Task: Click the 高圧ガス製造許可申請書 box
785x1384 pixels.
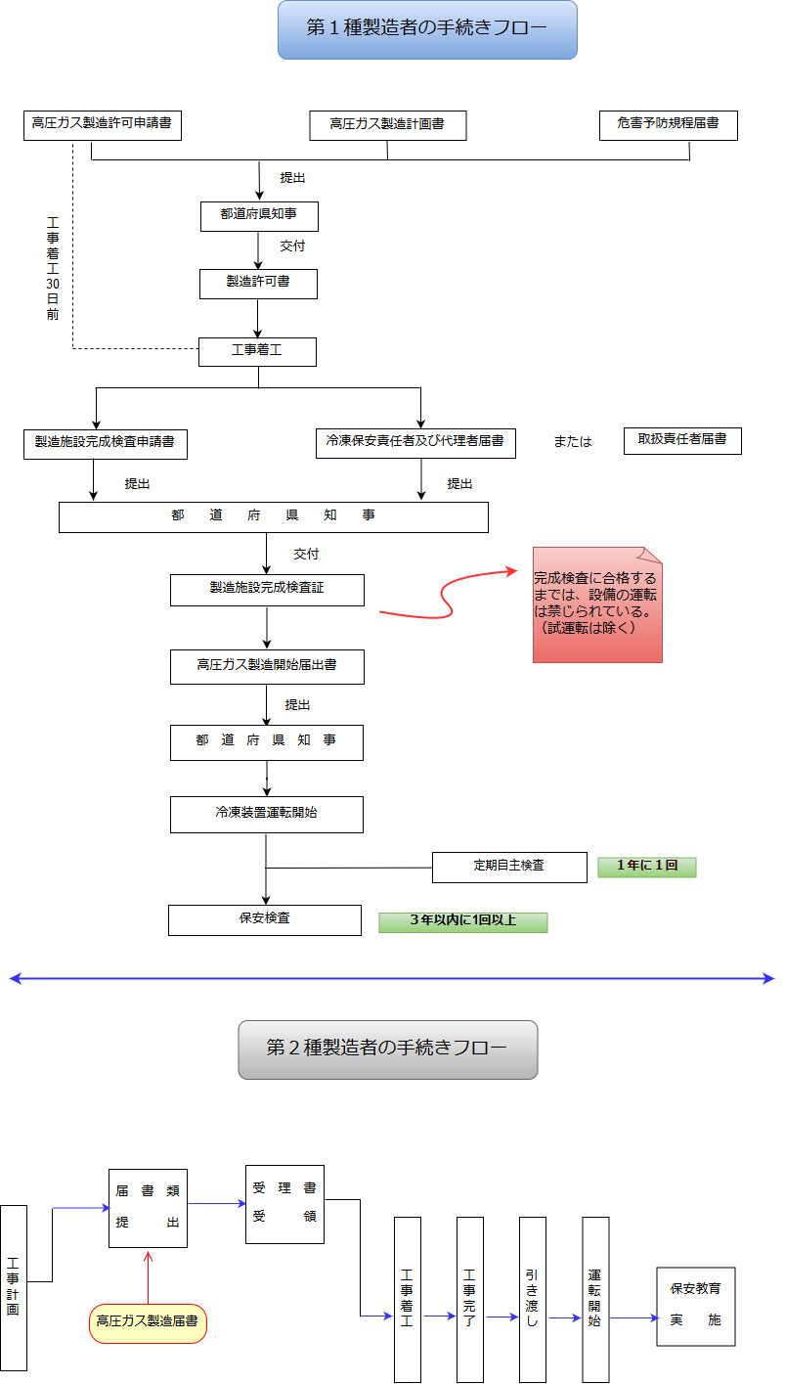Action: tap(103, 124)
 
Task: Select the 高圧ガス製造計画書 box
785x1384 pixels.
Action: tap(387, 125)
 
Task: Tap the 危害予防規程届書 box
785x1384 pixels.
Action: tap(668, 124)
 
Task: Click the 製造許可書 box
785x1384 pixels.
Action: tap(258, 284)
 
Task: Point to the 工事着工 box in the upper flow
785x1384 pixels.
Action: tap(257, 352)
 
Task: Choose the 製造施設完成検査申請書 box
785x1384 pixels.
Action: tap(105, 443)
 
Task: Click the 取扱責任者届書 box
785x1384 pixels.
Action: tap(682, 440)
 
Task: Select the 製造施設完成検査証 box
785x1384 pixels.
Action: tap(267, 590)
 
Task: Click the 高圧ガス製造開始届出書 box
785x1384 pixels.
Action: tap(267, 667)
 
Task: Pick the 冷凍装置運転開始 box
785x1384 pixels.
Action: tap(267, 814)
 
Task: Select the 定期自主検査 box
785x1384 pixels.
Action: tap(509, 867)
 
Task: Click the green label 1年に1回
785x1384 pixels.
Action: tap(646, 867)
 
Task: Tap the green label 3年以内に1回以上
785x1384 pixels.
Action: tap(462, 922)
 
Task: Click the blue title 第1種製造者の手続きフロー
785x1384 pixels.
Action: tap(427, 29)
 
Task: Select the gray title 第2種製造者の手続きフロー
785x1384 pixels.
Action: tap(387, 1049)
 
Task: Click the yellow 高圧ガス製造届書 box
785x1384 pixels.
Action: tap(148, 1323)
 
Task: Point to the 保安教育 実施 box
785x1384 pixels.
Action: tap(695, 1306)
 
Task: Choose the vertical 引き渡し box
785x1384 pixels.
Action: tap(532, 1299)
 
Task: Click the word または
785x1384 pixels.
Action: tap(573, 442)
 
